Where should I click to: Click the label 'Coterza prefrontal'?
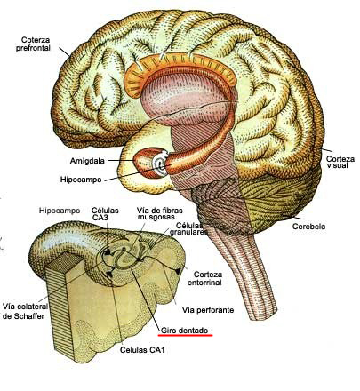33,44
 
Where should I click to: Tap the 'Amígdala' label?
87,161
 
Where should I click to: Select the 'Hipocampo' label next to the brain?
81,180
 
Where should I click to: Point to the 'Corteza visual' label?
340,162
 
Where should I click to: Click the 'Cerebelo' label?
309,227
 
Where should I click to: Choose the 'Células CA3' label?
105,214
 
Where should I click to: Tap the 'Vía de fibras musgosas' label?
159,213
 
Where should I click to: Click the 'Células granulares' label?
188,228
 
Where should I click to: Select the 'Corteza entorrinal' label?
204,278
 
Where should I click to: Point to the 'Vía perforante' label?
208,310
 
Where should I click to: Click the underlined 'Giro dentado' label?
185,331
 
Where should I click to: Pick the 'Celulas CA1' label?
142,350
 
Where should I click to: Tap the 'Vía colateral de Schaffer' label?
25,311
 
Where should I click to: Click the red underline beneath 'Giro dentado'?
185,336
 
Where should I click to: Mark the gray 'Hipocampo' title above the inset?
60,211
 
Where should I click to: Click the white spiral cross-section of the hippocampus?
160,164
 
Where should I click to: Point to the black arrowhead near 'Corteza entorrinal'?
178,271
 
